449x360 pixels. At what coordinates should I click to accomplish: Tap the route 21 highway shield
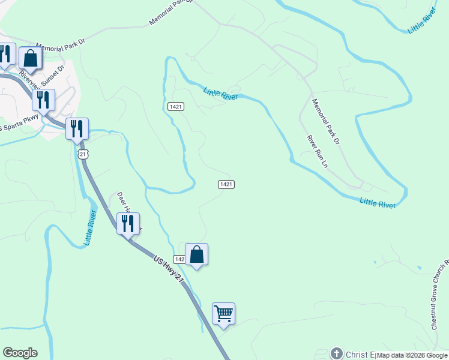click(x=83, y=154)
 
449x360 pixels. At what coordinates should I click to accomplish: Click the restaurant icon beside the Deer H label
click(x=128, y=224)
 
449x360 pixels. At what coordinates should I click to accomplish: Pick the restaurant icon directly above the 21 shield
click(x=77, y=128)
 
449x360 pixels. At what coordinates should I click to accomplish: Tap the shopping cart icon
click(x=223, y=314)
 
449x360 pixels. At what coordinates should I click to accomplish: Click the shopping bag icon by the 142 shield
click(x=196, y=255)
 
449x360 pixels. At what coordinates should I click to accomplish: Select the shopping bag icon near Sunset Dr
click(x=30, y=59)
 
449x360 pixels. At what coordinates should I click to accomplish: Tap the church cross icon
click(x=337, y=353)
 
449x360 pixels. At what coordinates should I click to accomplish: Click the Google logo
click(x=20, y=353)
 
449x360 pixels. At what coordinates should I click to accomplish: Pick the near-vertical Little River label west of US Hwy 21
click(x=90, y=229)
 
